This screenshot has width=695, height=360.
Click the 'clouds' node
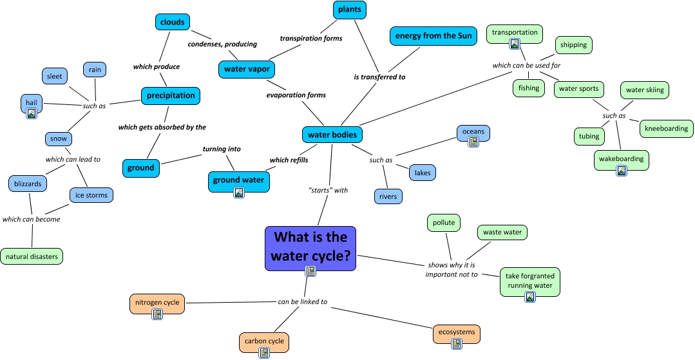pos(172,22)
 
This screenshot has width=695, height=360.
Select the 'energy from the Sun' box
pos(433,35)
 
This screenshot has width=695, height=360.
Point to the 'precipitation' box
pos(171,95)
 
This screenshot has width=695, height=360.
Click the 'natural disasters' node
pos(32,256)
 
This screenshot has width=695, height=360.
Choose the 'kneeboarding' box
pos(666,128)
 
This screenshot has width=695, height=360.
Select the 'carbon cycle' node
pos(263,341)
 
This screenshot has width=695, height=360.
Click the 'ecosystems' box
pos(457,332)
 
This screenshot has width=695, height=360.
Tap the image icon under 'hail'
pos(31,114)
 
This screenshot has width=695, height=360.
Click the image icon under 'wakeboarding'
pos(622,171)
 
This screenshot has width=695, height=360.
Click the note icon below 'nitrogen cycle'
pos(157,314)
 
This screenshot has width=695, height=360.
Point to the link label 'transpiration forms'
pos(310,38)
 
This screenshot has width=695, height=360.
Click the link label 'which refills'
pos(289,160)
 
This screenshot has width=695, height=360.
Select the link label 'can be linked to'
pos(303,301)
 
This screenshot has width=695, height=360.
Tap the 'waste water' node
pos(502,232)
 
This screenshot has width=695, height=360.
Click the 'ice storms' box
pos(91,194)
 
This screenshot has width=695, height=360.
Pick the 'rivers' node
pos(388,196)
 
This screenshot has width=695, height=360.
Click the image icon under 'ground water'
pos(239,193)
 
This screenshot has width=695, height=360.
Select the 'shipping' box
pos(573,45)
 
